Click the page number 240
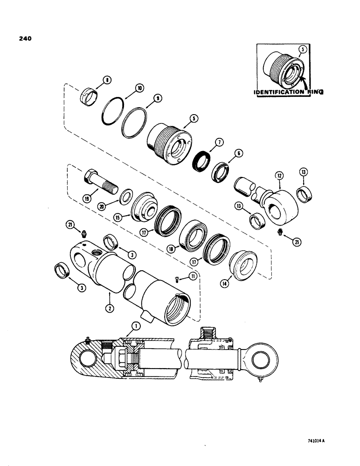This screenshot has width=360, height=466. point(25,39)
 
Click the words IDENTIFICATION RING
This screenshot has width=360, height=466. point(288,92)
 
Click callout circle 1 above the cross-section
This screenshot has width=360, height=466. point(135,326)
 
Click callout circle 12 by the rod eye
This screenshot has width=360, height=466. point(279,176)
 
